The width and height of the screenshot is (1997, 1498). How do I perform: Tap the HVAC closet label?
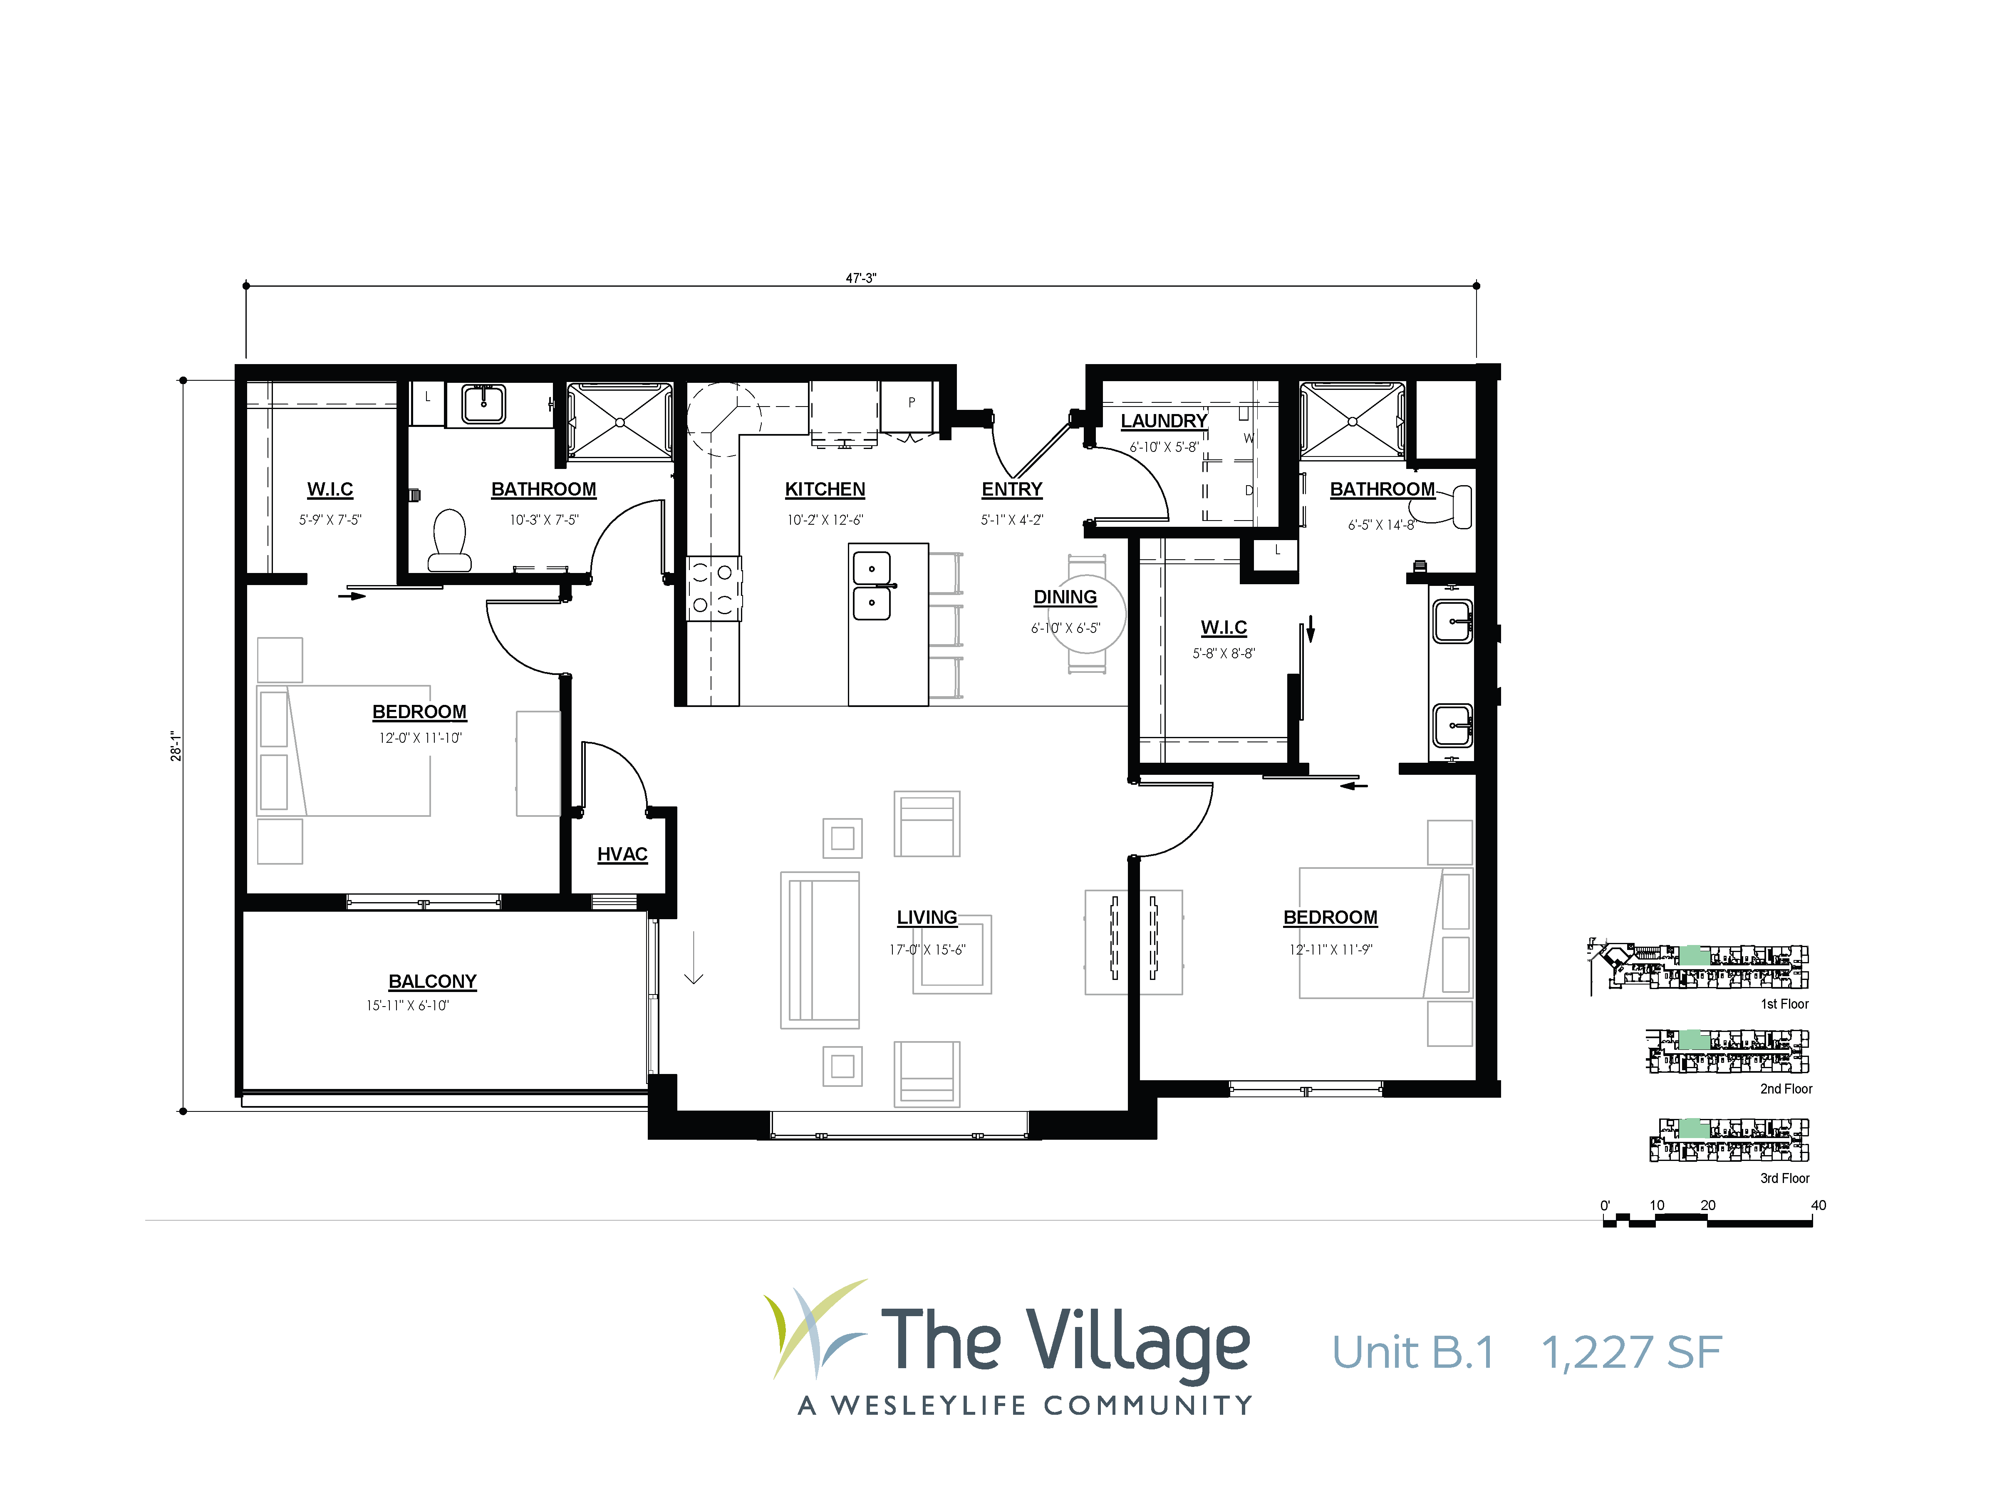(622, 854)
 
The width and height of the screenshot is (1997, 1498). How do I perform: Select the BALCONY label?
(432, 982)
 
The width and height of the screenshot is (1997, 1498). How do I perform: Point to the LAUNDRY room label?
(1164, 421)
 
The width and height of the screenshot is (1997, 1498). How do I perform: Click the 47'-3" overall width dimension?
(860, 278)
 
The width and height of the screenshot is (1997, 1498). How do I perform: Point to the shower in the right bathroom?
(1351, 421)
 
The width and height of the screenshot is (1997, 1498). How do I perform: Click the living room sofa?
(820, 950)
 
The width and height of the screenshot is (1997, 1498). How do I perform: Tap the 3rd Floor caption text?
(1785, 1178)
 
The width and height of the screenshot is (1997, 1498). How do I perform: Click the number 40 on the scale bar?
(1818, 1205)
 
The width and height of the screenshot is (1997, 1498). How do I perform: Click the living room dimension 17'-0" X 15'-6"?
(927, 950)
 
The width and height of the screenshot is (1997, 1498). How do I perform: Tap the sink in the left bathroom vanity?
(484, 404)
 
